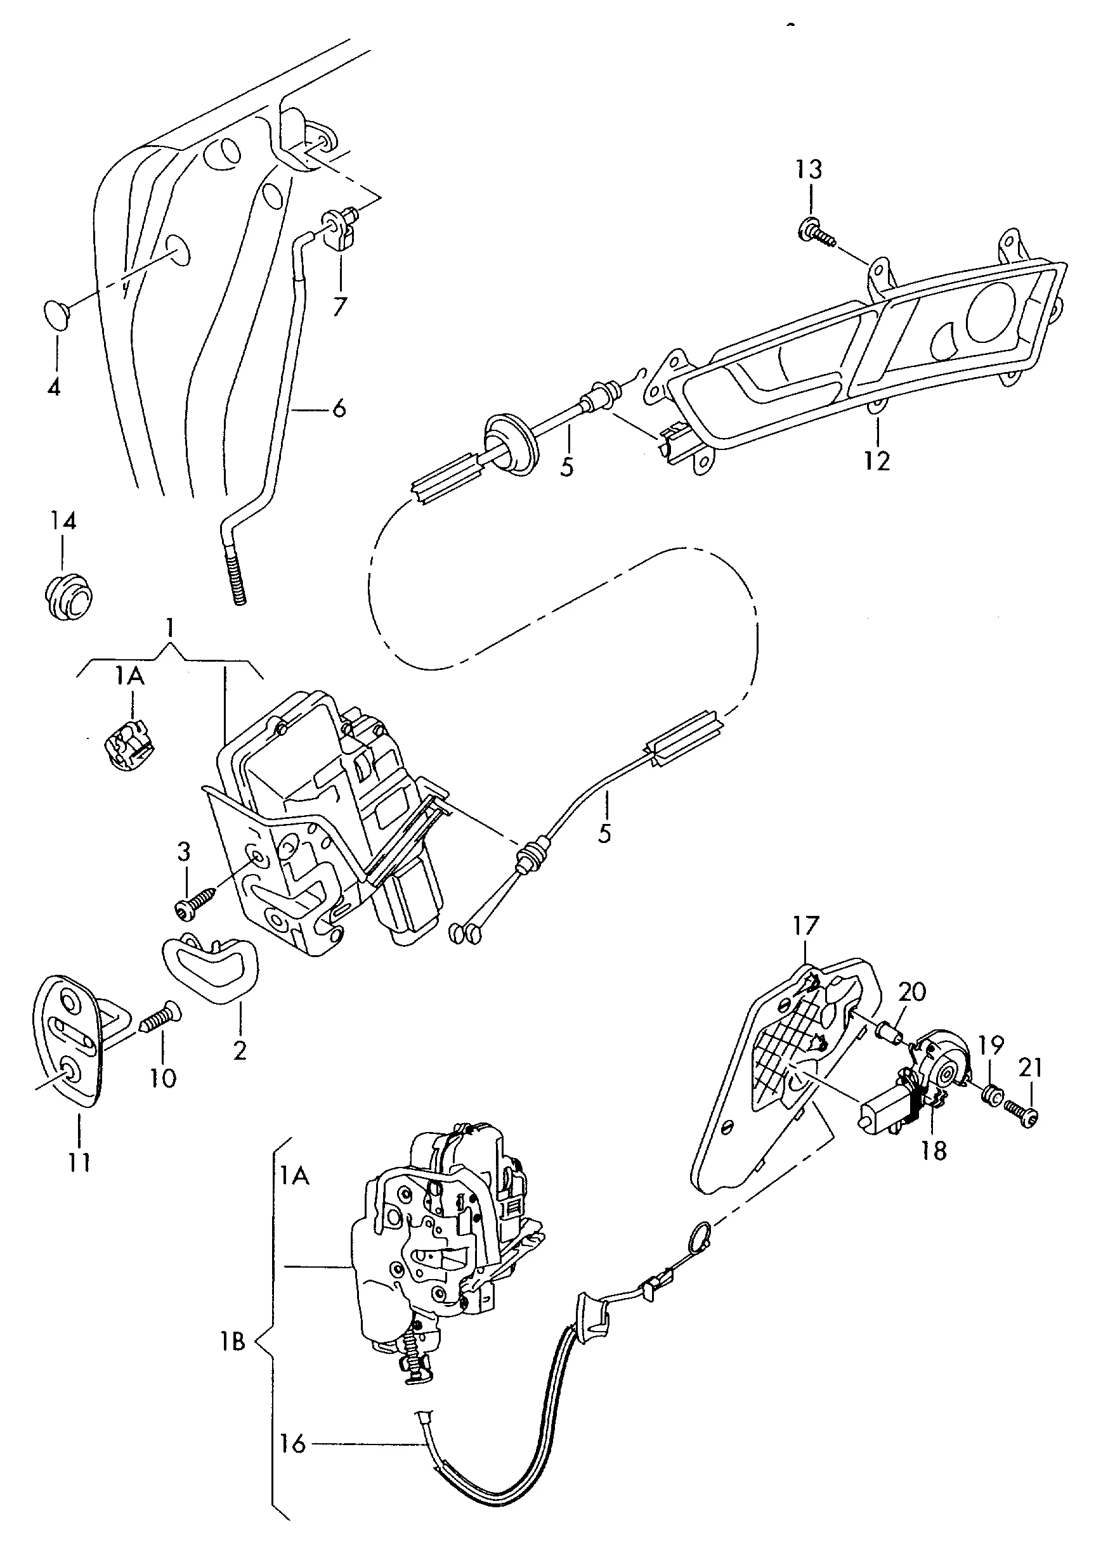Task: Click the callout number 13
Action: click(809, 169)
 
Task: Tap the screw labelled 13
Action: click(814, 233)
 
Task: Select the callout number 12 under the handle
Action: click(877, 461)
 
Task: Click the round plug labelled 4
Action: click(56, 314)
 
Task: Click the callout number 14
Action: click(63, 522)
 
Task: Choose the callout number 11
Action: click(79, 1161)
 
